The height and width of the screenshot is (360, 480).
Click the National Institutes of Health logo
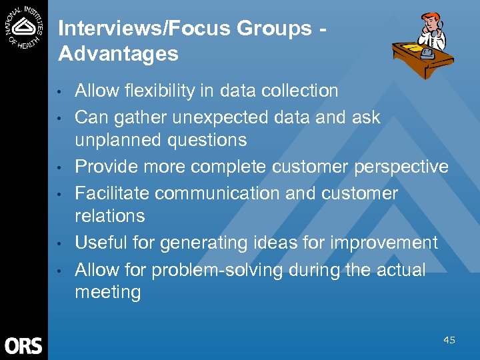[x=24, y=27]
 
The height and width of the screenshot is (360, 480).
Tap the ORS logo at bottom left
[x=23, y=345]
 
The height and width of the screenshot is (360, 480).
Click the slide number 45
[x=449, y=341]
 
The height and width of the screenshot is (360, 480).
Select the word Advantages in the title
[x=118, y=54]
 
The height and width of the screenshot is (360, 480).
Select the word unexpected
[x=215, y=117]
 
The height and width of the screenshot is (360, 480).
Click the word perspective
[x=400, y=167]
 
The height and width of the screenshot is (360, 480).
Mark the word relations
[x=109, y=216]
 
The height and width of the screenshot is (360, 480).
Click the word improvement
[x=385, y=243]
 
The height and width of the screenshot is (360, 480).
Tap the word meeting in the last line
[x=107, y=293]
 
